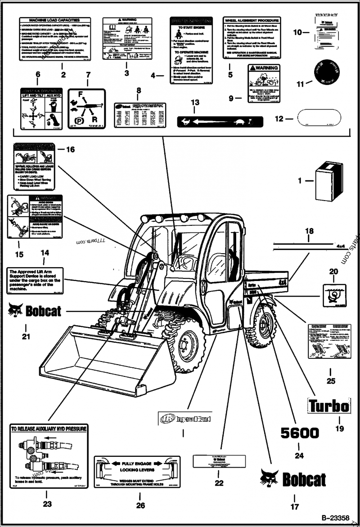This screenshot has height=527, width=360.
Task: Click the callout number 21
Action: (26, 336)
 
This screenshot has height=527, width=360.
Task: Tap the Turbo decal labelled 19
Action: (328, 406)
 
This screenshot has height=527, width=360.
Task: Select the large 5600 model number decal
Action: (300, 433)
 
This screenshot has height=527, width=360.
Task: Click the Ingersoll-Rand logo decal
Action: (184, 419)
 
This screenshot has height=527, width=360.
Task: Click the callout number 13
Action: (194, 103)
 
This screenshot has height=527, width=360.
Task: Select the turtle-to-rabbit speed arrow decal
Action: (214, 121)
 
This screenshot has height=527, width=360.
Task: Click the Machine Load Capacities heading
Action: (54, 20)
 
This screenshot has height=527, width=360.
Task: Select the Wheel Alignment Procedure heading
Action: (252, 20)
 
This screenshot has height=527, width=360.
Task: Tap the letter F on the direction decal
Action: (81, 95)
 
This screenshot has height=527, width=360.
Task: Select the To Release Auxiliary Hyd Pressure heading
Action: (48, 429)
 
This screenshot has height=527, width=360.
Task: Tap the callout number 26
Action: (140, 505)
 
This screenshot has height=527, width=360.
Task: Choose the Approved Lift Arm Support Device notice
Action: (35, 280)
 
